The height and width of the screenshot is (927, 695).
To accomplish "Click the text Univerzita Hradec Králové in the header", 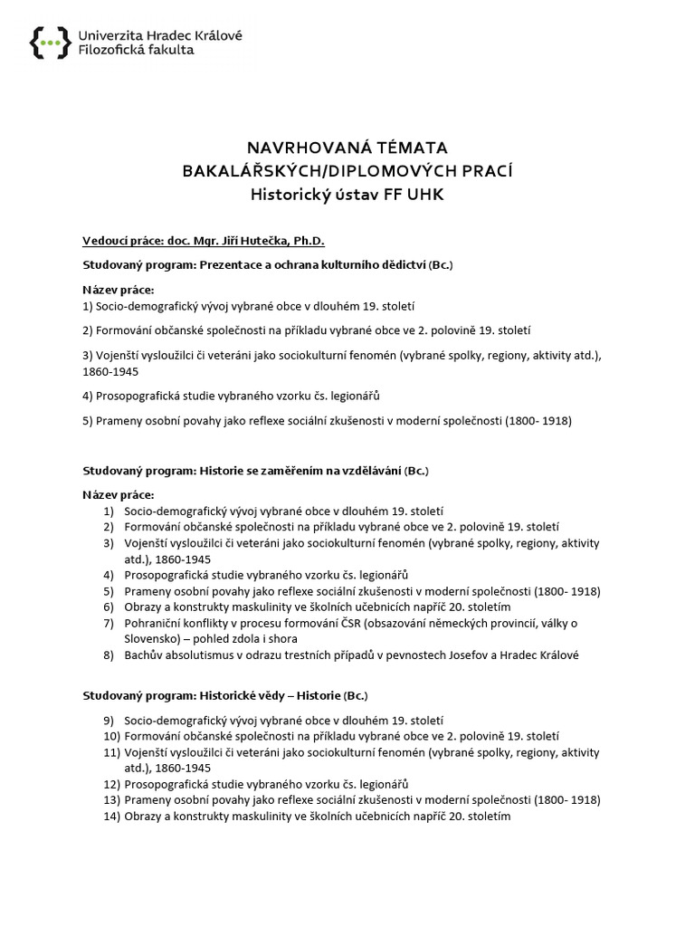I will (x=160, y=34).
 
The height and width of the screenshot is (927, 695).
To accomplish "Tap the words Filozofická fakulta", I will (x=136, y=51).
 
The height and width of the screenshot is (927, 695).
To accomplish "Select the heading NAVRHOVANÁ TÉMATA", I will (x=347, y=148).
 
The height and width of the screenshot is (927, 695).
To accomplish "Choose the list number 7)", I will (x=108, y=624).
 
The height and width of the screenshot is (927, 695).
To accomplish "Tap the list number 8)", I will (x=108, y=655).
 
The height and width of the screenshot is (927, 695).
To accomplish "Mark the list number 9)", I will (x=108, y=720).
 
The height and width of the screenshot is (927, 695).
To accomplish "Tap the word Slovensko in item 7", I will (x=153, y=639).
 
